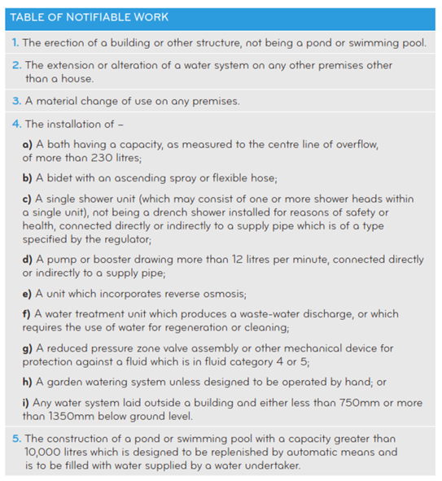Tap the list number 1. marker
tap(16, 42)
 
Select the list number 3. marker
tap(16, 102)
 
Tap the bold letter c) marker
tap(27, 199)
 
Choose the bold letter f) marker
tap(26, 313)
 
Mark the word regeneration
tap(203, 326)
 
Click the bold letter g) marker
tap(27, 348)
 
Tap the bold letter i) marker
tap(25, 401)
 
